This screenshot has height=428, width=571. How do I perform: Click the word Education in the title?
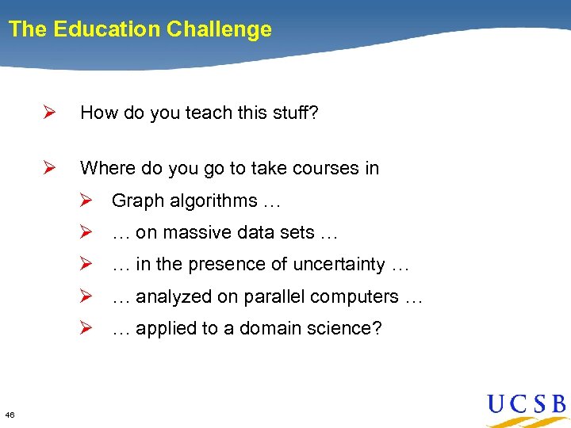(106, 30)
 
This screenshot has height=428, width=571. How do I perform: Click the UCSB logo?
(526, 407)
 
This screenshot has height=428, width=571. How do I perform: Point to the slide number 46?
(9, 415)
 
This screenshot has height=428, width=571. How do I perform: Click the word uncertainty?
(339, 265)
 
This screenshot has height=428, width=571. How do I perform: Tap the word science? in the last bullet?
(346, 328)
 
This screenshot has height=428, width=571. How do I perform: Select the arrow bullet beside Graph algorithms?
(89, 201)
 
